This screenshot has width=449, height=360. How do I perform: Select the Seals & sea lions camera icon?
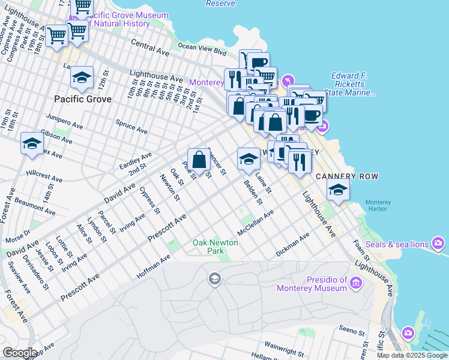click(439, 244)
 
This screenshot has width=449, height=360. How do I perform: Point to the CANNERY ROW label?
click(342, 175)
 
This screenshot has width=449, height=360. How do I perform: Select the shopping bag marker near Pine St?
click(199, 160)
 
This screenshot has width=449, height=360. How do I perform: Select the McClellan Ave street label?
click(255, 223)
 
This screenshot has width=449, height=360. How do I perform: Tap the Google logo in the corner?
click(20, 353)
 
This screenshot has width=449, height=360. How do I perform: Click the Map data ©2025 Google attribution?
click(412, 355)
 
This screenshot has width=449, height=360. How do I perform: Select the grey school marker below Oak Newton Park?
click(214, 278)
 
